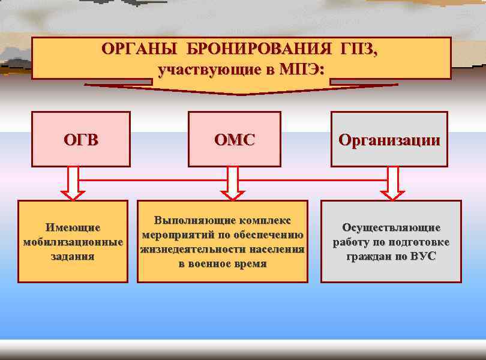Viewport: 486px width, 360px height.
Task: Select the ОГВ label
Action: [81, 140]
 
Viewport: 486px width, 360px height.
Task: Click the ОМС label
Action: [235, 140]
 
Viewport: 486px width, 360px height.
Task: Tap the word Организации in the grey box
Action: [389, 140]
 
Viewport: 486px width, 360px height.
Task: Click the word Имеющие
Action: [73, 228]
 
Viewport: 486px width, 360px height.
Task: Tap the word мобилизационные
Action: [73, 242]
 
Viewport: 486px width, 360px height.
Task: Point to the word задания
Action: [73, 256]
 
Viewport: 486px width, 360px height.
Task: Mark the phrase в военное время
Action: [223, 263]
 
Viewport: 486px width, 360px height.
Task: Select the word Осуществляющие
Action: [391, 228]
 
